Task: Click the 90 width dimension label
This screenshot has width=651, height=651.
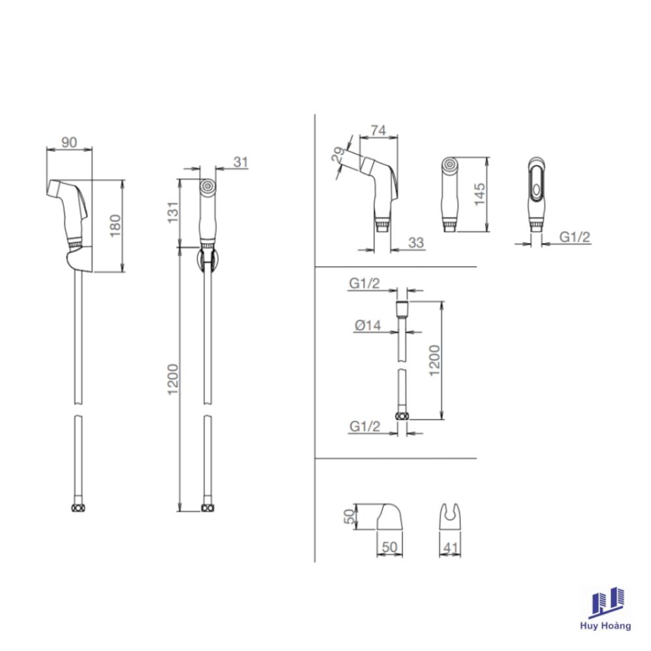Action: [x=69, y=142]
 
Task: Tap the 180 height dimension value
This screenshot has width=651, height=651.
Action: [x=115, y=226]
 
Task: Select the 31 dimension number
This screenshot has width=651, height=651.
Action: [x=241, y=161]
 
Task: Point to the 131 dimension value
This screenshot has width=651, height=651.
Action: [x=173, y=212]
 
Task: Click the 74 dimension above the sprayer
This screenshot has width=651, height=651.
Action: [x=378, y=130]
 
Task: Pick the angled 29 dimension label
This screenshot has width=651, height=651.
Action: [x=339, y=155]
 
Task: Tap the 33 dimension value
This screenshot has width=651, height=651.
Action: [x=415, y=242]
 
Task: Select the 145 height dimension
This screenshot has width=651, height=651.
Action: [x=480, y=194]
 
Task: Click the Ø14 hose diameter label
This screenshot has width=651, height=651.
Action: [x=368, y=325]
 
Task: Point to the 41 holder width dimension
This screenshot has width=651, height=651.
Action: [x=450, y=547]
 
